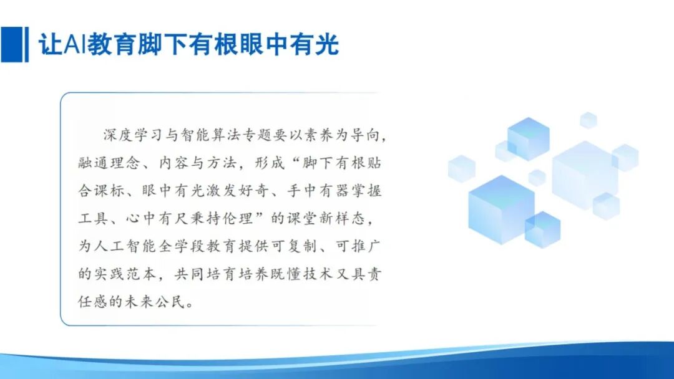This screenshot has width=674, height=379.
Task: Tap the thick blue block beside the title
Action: (x=11, y=44)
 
